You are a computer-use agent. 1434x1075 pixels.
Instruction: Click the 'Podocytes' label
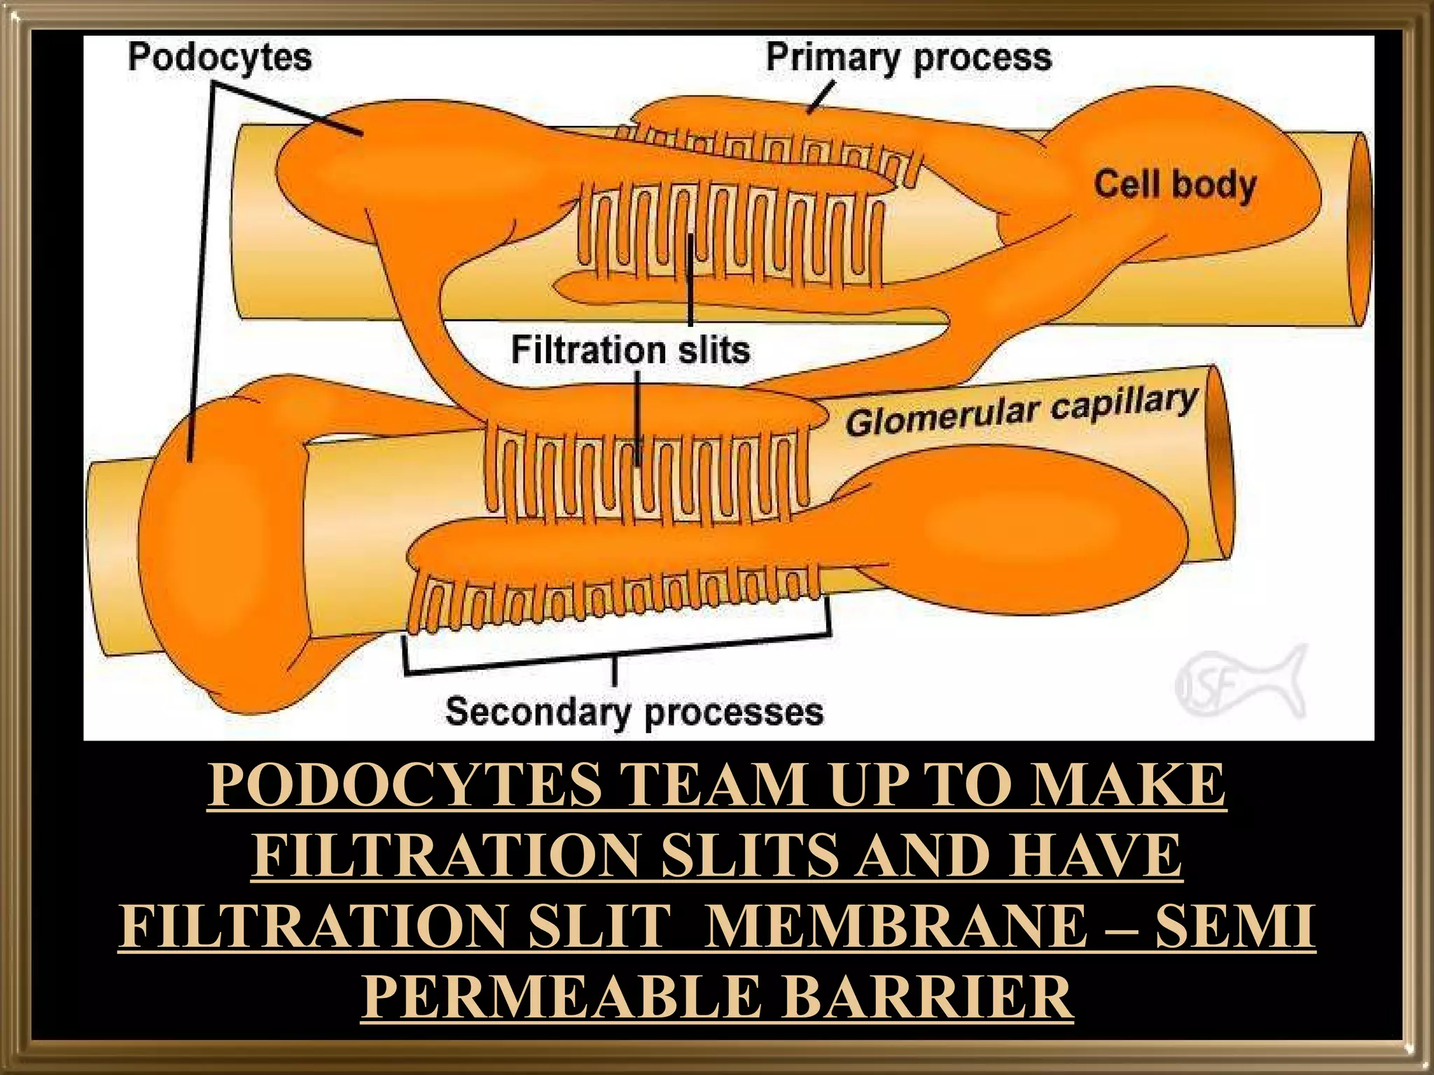[219, 57]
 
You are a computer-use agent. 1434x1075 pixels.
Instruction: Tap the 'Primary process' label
[908, 57]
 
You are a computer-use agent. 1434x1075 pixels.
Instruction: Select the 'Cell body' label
[1175, 186]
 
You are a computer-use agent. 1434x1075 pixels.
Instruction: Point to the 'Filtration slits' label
[630, 349]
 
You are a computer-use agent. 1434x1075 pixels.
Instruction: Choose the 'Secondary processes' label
[634, 712]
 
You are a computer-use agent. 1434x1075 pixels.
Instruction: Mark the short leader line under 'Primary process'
[820, 97]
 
